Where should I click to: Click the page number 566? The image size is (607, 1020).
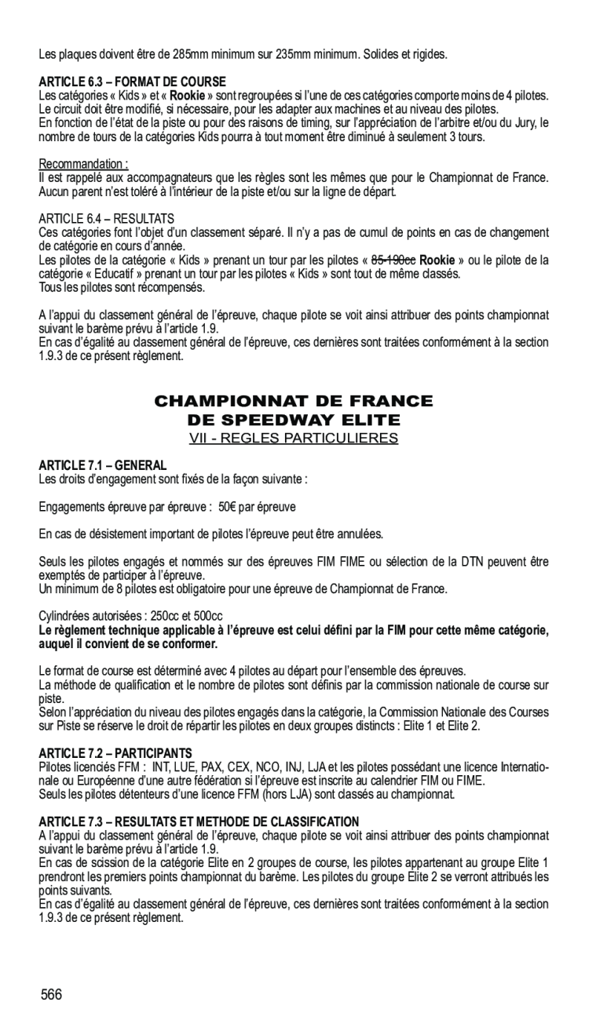52,995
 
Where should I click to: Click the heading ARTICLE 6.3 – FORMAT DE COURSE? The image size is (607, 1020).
133,82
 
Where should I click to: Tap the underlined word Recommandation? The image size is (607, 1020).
82,164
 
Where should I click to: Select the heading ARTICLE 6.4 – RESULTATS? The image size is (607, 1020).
107,217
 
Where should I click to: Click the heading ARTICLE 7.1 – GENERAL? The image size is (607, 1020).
103,465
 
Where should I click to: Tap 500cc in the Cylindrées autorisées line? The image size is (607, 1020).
207,617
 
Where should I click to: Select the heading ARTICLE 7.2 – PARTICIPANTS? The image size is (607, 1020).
115,752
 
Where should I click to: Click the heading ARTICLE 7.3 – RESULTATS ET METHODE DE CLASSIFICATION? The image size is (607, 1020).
199,821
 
